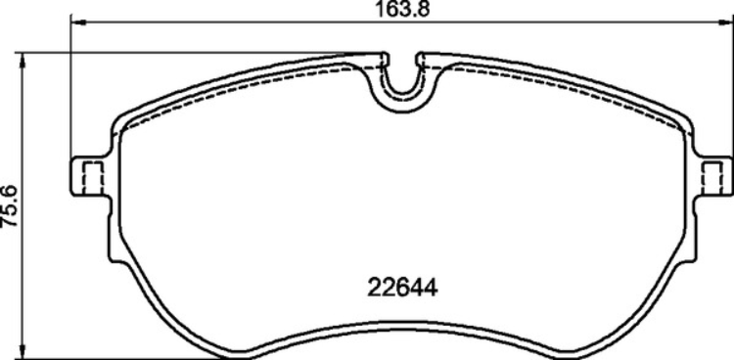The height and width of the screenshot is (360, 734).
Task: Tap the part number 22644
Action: tap(402, 289)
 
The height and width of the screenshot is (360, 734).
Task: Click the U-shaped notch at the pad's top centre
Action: tap(402, 83)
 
